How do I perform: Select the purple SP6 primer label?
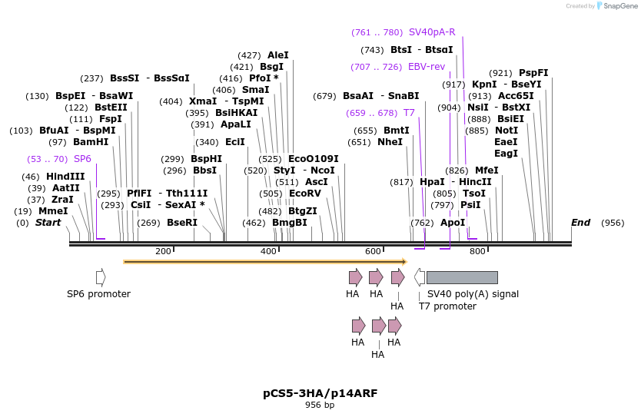pyautogui.click(x=82, y=159)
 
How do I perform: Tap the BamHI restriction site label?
pyautogui.click(x=91, y=142)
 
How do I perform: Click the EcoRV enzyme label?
pyautogui.click(x=305, y=194)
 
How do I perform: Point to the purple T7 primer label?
pyautogui.click(x=409, y=113)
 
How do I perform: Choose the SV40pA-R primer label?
pyautogui.click(x=432, y=32)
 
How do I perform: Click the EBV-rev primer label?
pyautogui.click(x=427, y=67)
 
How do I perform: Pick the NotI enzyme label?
pyautogui.click(x=506, y=131)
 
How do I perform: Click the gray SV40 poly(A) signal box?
pyautogui.click(x=462, y=277)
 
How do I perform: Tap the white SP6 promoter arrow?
pyautogui.click(x=101, y=277)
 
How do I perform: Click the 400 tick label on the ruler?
pyautogui.click(x=268, y=252)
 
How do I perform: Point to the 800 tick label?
pyautogui.click(x=477, y=252)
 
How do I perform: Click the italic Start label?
pyautogui.click(x=48, y=223)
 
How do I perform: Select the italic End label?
pyautogui.click(x=580, y=223)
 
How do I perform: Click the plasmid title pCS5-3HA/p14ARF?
pyautogui.click(x=320, y=393)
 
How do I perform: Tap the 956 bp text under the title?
pyautogui.click(x=320, y=405)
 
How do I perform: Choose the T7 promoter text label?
pyautogui.click(x=447, y=306)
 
